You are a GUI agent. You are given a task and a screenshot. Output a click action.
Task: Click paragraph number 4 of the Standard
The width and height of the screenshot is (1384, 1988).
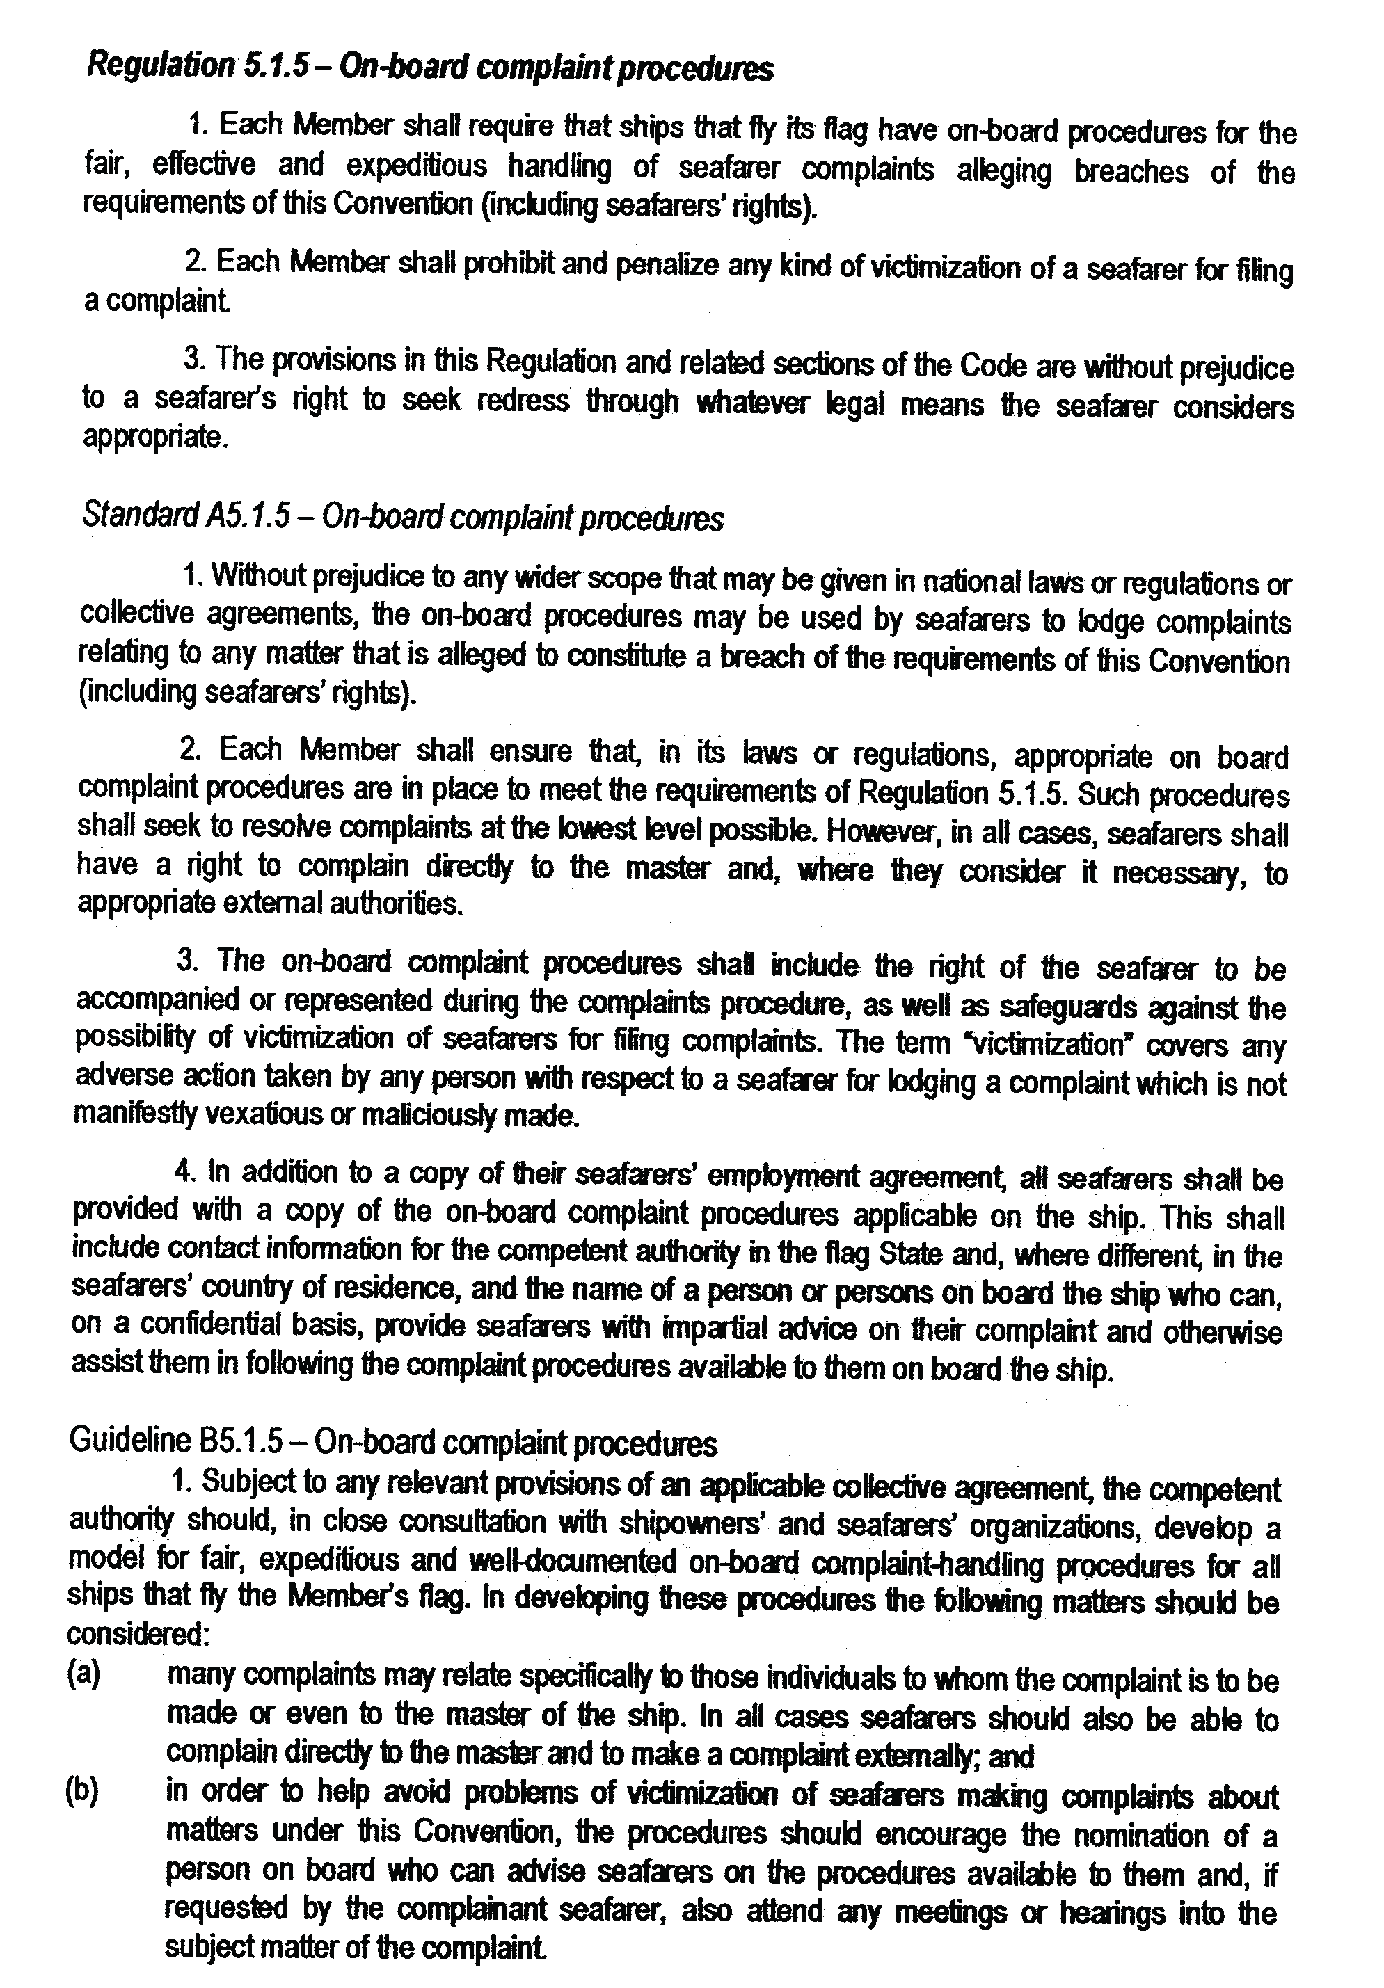pos(183,1172)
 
